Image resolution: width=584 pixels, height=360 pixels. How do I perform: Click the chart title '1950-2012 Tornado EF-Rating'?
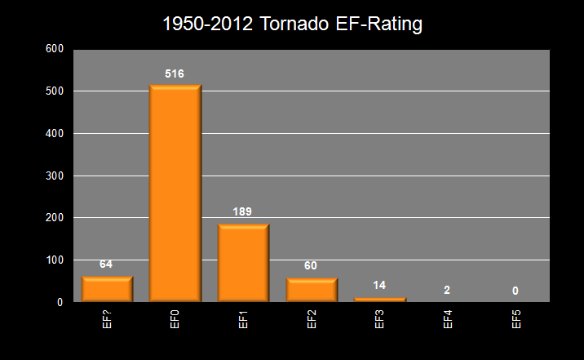click(x=292, y=24)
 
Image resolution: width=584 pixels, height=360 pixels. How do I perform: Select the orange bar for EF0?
click(x=175, y=193)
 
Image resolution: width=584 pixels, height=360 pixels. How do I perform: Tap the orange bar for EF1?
click(x=243, y=263)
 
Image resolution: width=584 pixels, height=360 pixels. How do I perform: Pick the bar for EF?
click(x=107, y=289)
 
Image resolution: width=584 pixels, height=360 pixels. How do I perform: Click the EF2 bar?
click(x=312, y=290)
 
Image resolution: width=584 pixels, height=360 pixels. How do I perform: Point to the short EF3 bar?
click(x=380, y=300)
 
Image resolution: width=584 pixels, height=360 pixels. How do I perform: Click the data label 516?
click(x=175, y=74)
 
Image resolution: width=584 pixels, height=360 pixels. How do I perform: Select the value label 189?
click(x=243, y=212)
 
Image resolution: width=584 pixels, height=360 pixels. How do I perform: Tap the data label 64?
click(x=106, y=264)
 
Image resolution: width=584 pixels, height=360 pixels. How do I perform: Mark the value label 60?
click(x=312, y=266)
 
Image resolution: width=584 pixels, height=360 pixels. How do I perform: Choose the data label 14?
click(x=380, y=285)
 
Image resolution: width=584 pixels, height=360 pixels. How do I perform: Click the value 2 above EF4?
click(x=448, y=291)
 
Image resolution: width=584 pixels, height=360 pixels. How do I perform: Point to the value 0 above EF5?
click(x=515, y=291)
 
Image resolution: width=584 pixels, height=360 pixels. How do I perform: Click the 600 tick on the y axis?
click(x=55, y=49)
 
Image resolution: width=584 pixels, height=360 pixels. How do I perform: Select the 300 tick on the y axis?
click(x=55, y=176)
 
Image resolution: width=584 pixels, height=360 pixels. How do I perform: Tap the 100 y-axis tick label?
click(x=55, y=260)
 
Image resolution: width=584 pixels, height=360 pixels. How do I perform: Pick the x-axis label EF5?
click(x=516, y=319)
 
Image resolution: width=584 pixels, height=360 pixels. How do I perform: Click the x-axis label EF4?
click(x=448, y=319)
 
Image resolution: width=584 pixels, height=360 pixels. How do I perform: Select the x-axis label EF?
click(x=107, y=319)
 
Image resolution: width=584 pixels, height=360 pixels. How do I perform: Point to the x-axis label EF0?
click(x=175, y=319)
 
